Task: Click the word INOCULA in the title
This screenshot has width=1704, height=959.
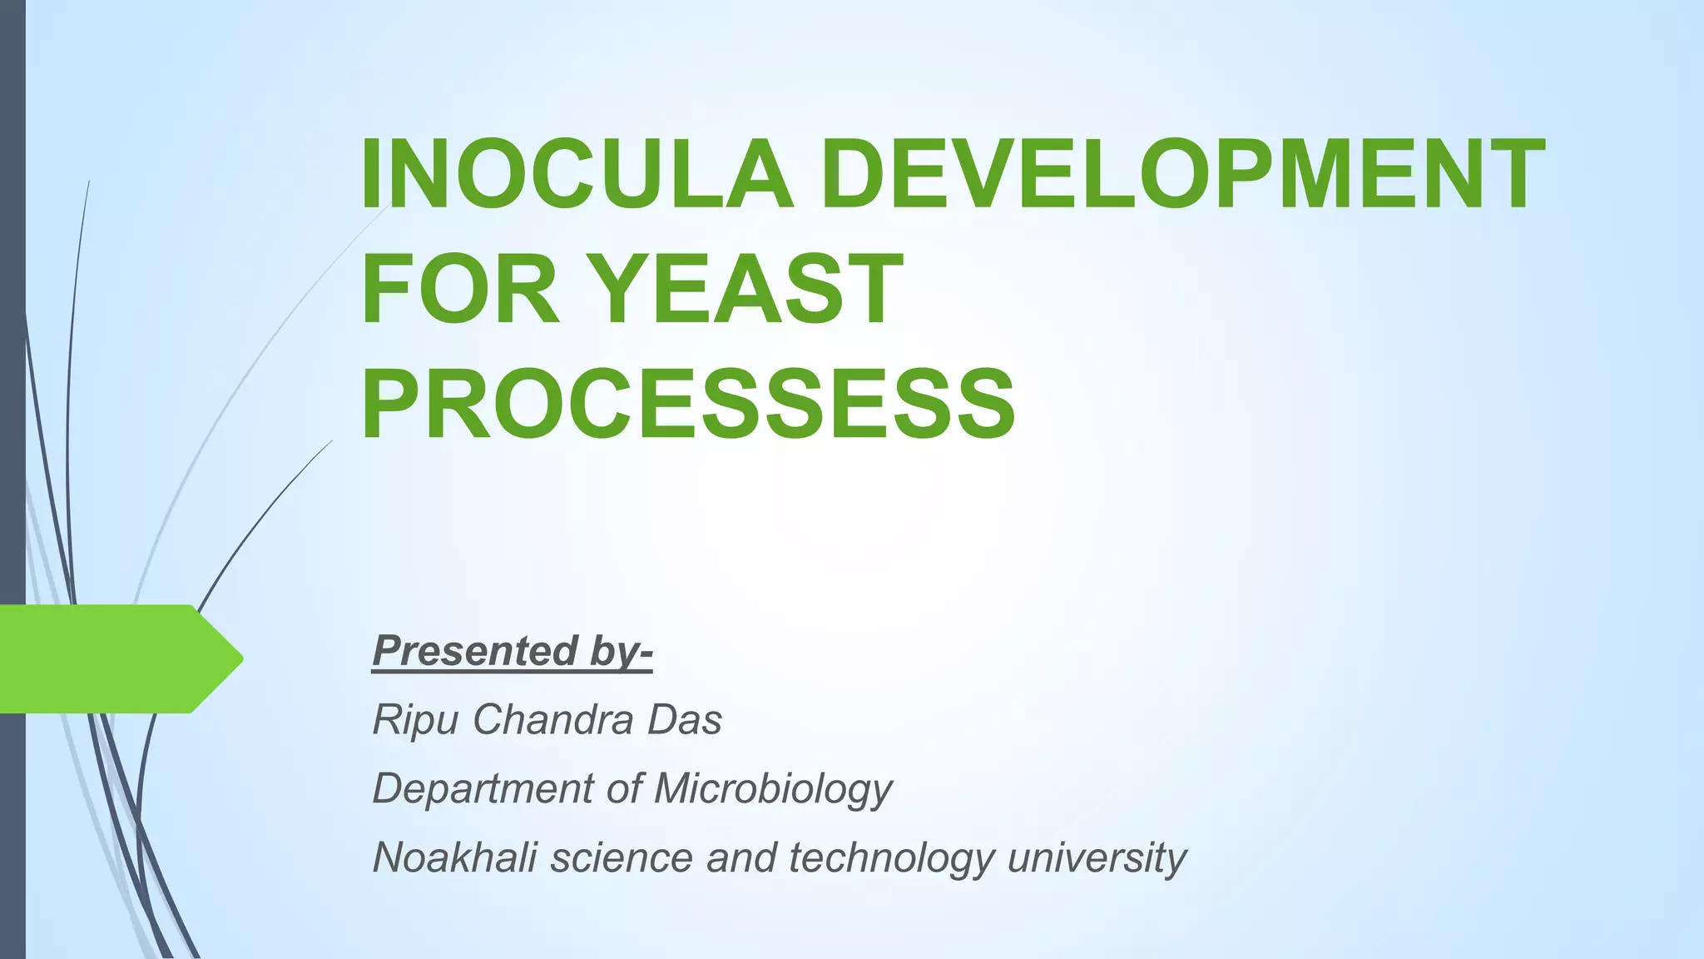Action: (x=576, y=175)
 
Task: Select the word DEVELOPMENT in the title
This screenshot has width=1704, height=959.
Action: (x=1182, y=175)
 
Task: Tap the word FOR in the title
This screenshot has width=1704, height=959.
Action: (x=460, y=290)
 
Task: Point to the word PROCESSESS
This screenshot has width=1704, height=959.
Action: (x=687, y=405)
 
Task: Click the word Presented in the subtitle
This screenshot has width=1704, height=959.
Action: (x=475, y=650)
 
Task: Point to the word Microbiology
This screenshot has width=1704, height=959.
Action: (x=774, y=788)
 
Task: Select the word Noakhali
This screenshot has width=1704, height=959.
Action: (x=453, y=857)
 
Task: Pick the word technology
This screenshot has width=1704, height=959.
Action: (x=891, y=857)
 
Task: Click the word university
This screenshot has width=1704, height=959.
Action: (x=1097, y=857)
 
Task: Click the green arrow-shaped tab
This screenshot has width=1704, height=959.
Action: (x=108, y=659)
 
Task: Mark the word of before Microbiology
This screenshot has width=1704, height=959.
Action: (x=625, y=788)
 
